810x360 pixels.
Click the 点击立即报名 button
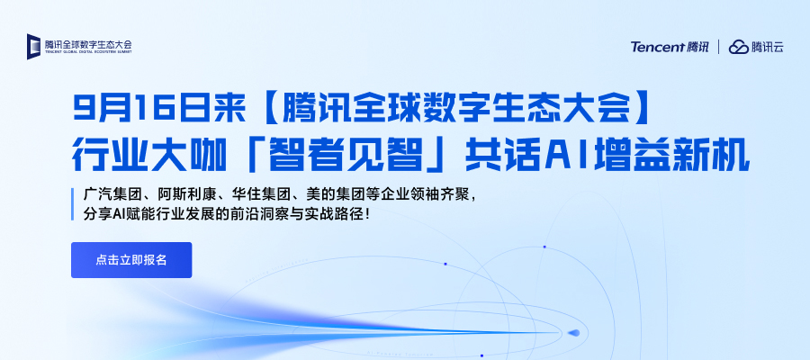[x=131, y=260]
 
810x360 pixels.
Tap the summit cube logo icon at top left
[x=33, y=47]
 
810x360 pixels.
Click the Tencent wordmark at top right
[x=658, y=47]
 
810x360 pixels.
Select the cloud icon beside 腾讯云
[x=739, y=47]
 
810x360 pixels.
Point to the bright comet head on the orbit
[x=574, y=333]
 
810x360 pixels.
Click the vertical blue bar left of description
[x=73, y=204]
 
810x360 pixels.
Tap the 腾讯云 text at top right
[x=768, y=47]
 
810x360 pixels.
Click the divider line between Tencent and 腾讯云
[x=718, y=47]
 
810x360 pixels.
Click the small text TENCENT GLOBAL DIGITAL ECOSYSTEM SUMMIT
[x=88, y=52]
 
